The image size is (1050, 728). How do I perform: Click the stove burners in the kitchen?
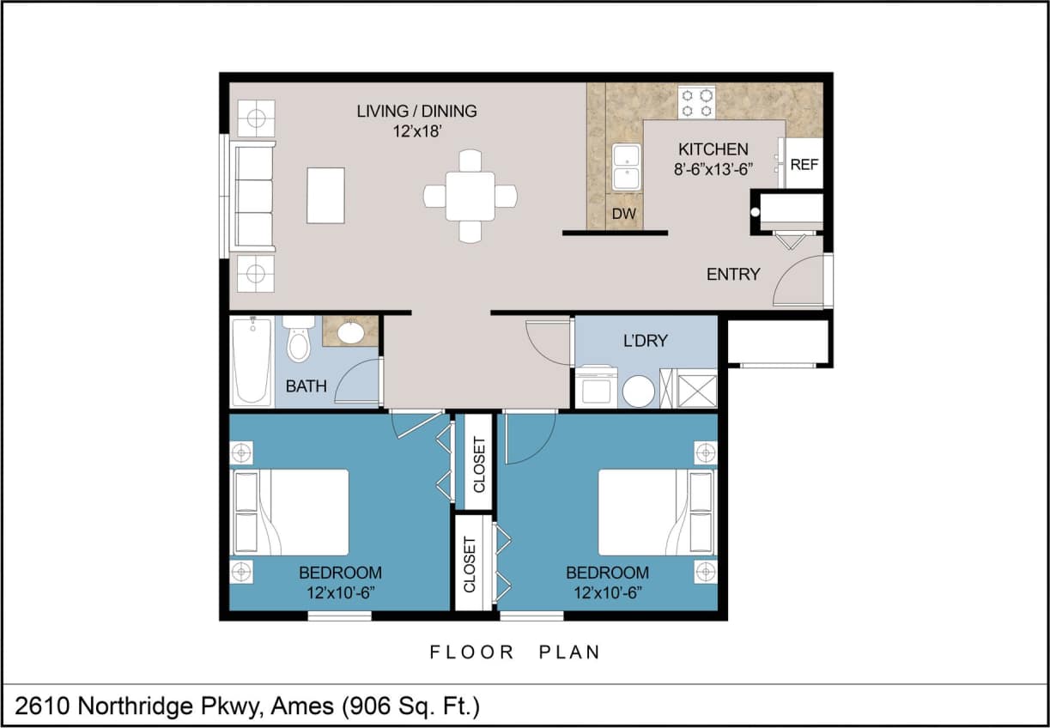pos(697,102)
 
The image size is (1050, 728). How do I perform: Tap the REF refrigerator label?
pos(804,164)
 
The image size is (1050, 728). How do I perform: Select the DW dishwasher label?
pos(623,214)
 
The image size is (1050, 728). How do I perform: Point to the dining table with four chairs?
pos(470,196)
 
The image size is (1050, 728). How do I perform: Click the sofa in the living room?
pos(252,197)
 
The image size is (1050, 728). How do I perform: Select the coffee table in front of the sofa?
pos(325,196)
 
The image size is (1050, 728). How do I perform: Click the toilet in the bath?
pos(299,340)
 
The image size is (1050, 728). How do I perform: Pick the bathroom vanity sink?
pos(350,332)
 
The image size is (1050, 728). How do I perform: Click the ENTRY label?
pos(733,275)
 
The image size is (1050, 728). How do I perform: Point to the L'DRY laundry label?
pos(645,341)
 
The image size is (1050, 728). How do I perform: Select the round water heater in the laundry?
pos(639,391)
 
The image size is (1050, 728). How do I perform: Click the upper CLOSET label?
pos(479,464)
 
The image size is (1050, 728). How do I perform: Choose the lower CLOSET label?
pos(470,564)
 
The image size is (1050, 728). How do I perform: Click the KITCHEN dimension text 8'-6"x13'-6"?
pos(713,169)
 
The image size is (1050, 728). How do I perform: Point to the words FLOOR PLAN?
pos(514,652)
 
